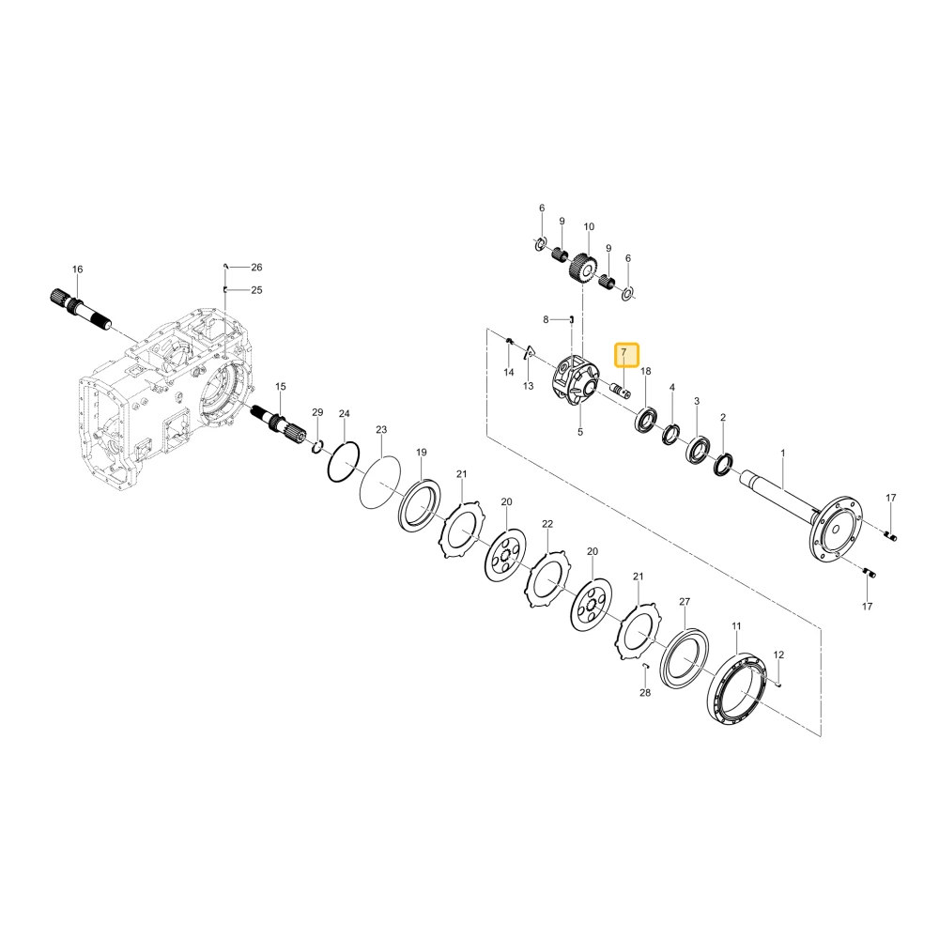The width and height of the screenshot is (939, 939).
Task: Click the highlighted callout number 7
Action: click(x=623, y=353)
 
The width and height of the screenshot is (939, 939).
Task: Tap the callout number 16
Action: click(x=77, y=269)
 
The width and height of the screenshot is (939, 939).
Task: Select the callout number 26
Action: click(x=256, y=267)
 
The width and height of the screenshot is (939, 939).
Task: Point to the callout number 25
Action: click(x=256, y=290)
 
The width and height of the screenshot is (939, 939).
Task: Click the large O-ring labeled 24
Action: click(x=344, y=461)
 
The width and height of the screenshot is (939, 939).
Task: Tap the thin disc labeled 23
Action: click(x=379, y=482)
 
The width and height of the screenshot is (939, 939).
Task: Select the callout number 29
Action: click(x=317, y=412)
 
